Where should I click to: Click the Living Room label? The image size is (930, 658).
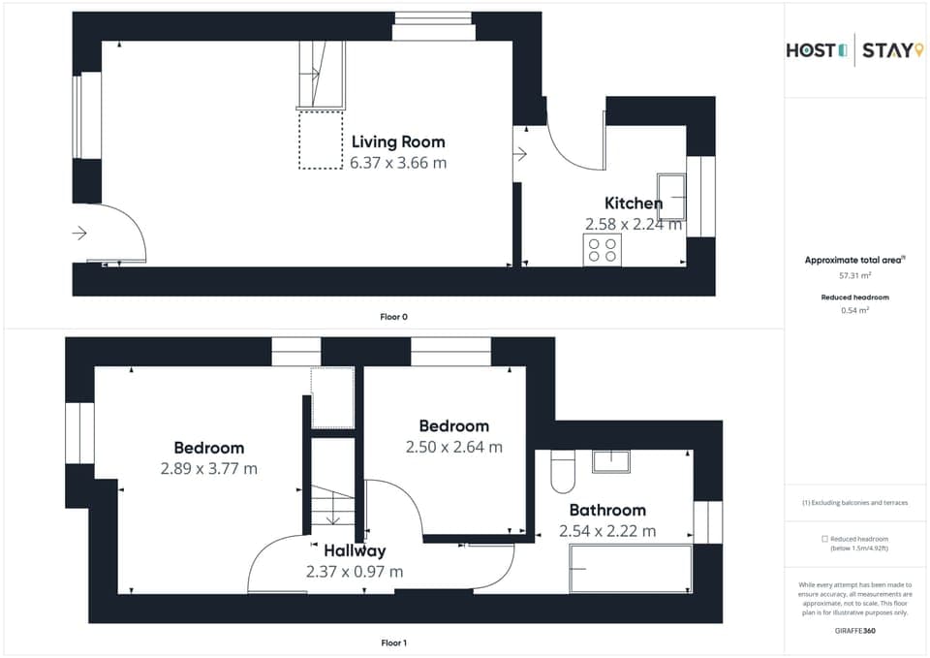(x=398, y=142)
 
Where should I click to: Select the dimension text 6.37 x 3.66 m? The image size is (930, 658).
(x=398, y=163)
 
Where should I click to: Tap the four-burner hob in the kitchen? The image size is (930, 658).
(x=602, y=250)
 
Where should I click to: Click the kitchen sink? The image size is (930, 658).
(x=670, y=197)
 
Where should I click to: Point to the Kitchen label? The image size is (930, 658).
(x=634, y=204)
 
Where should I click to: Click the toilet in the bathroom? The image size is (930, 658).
(x=562, y=471)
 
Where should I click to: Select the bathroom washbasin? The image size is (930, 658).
(x=611, y=461)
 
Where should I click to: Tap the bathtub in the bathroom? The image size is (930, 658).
(x=631, y=568)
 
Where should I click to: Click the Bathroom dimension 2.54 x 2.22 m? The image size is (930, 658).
(x=607, y=531)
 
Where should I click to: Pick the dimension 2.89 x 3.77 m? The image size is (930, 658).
(x=209, y=469)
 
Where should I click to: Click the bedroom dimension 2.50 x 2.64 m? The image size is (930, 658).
(x=453, y=447)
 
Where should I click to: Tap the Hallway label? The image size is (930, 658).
(x=355, y=551)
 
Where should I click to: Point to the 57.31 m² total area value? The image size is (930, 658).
(x=854, y=276)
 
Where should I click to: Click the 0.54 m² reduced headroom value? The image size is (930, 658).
(x=854, y=310)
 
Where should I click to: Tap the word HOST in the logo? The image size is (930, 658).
(x=810, y=50)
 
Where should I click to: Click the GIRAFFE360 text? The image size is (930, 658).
(x=854, y=631)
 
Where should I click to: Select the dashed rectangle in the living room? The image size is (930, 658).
(x=321, y=141)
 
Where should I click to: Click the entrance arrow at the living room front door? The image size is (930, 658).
(x=79, y=234)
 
